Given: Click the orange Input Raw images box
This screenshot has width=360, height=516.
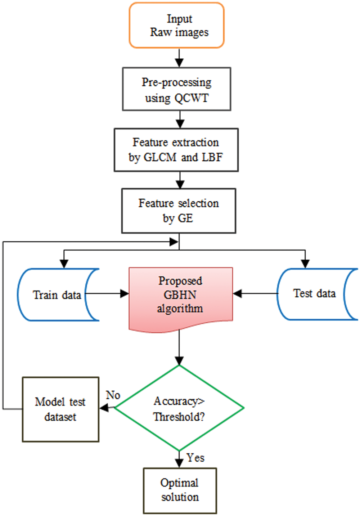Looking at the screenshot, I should pyautogui.click(x=177, y=25).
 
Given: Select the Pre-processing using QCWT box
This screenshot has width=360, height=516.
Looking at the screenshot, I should pyautogui.click(x=176, y=89).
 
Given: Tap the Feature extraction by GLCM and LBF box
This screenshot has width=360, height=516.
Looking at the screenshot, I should pyautogui.click(x=176, y=150).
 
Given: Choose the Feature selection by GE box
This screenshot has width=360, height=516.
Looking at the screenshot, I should pyautogui.click(x=179, y=211).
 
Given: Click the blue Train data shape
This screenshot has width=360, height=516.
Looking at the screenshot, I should pyautogui.click(x=57, y=295).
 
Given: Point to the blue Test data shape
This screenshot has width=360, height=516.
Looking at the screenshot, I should pyautogui.click(x=315, y=294).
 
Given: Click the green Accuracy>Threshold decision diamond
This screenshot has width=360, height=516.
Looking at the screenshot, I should pyautogui.click(x=179, y=408).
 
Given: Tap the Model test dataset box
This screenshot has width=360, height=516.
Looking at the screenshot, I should pyautogui.click(x=60, y=409).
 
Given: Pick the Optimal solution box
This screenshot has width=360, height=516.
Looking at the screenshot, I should pyautogui.click(x=180, y=490).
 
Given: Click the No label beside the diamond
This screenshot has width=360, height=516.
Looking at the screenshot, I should pyautogui.click(x=113, y=395).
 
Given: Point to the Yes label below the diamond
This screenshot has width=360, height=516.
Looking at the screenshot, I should pyautogui.click(x=195, y=458).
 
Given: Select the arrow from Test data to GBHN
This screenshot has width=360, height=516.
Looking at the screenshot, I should pyautogui.click(x=256, y=294).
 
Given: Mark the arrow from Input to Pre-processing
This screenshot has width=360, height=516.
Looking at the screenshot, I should pyautogui.click(x=179, y=58).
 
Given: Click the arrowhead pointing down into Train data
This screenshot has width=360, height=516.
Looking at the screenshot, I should pyautogui.click(x=64, y=264).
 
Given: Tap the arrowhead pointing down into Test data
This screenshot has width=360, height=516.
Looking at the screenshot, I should pyautogui.click(x=305, y=264).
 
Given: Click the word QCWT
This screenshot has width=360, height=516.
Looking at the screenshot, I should pyautogui.click(x=192, y=98).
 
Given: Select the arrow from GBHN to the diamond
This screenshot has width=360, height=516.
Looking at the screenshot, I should pyautogui.click(x=179, y=347).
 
